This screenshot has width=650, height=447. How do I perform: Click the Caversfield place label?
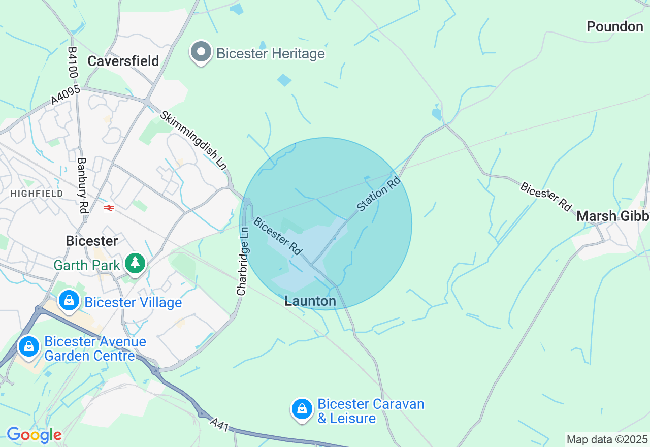123,61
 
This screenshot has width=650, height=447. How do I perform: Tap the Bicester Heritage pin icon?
201,52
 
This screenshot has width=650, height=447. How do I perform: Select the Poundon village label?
614,26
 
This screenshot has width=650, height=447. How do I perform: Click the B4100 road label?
73,63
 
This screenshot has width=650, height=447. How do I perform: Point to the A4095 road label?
66,95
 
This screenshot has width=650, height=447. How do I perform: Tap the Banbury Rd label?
82,185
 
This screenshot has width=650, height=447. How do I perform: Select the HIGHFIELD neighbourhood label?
37,194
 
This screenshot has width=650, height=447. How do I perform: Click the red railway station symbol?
108,207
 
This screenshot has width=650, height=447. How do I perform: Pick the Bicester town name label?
92,241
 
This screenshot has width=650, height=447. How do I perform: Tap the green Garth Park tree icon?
135,263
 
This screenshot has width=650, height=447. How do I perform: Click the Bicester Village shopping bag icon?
69,300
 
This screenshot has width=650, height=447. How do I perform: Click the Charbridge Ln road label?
243,262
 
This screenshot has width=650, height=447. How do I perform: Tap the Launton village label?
310,301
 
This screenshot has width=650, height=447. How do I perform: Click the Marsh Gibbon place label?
612,216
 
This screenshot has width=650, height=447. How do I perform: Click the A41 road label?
220,425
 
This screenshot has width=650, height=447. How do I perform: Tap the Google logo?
34,435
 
